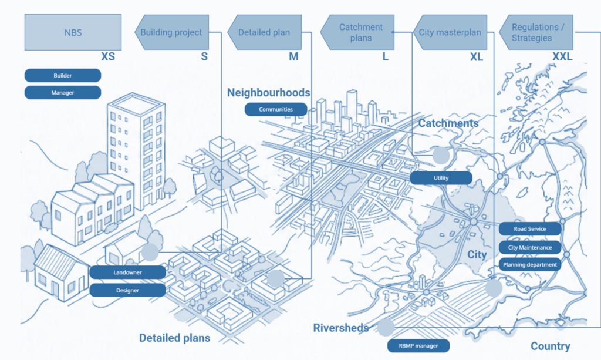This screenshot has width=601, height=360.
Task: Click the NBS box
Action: click(73, 33)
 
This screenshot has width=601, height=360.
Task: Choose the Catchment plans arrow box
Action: click(359, 33)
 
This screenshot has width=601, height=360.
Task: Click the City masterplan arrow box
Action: click(451, 33)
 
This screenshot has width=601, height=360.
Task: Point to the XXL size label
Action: click(562, 57)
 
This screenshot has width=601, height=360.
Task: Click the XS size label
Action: click(107, 57)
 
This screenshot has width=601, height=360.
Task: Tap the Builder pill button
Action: click(63, 76)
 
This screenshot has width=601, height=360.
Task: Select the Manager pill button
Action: click(63, 92)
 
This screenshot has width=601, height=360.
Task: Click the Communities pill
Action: click(276, 109)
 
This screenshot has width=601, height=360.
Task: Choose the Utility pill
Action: click(441, 177)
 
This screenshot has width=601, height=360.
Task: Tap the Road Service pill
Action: click(530, 229)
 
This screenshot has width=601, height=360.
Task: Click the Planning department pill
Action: click(530, 265)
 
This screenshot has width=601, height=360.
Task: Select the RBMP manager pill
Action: click(418, 346)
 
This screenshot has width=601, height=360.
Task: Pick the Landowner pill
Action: click(128, 272)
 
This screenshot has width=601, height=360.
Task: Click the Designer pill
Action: click(128, 290)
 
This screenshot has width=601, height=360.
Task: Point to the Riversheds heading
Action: click(341, 328)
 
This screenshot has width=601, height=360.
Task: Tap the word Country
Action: click(550, 346)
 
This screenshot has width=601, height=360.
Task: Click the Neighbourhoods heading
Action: click(269, 93)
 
